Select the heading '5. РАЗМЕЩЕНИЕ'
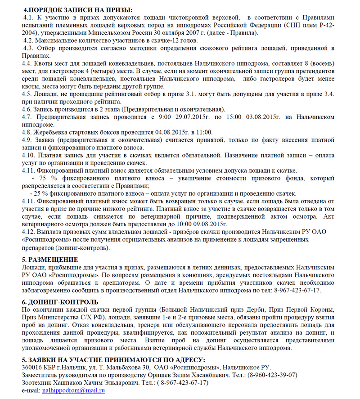[x=50, y=260]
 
